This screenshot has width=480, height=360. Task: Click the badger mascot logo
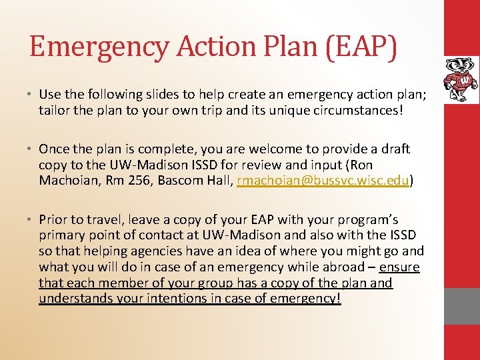click(461, 79)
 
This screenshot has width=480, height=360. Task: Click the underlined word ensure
click(399, 267)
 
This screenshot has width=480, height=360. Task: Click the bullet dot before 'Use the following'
click(31, 94)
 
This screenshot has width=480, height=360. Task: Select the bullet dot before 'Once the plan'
click(31, 149)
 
